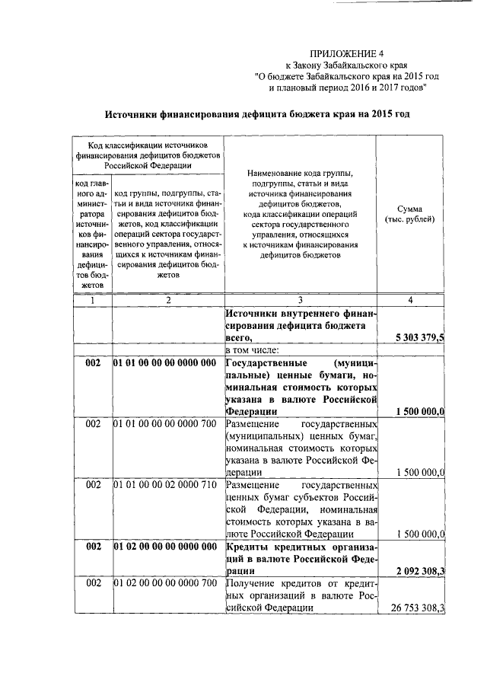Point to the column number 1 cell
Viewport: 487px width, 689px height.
pos(92,301)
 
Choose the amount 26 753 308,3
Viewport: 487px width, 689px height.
pos(418,608)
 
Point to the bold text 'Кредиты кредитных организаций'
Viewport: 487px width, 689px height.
pos(301,547)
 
